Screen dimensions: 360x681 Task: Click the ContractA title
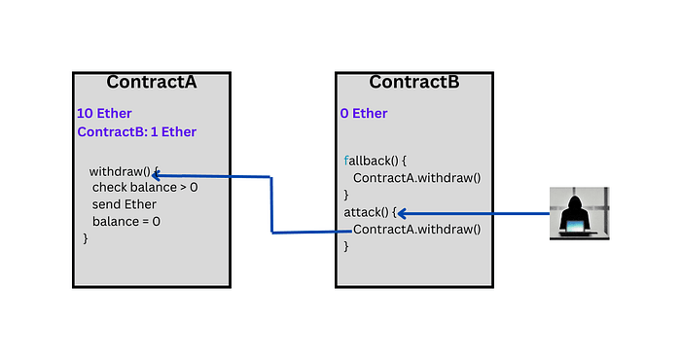(x=151, y=82)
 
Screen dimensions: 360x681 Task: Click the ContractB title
(x=413, y=82)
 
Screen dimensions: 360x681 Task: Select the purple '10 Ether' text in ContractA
(x=104, y=114)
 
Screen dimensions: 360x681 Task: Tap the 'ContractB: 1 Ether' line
(x=136, y=132)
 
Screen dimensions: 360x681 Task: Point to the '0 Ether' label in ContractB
(x=364, y=114)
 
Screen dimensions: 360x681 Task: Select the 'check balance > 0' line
(x=144, y=187)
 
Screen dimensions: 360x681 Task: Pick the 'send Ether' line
(x=124, y=204)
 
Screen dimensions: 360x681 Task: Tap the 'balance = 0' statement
(x=126, y=221)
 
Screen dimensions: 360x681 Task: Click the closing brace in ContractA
(x=86, y=237)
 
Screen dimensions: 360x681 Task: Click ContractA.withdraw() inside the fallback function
(x=416, y=178)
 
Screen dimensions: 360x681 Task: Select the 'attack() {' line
(x=370, y=213)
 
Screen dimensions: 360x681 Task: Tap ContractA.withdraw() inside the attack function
(x=416, y=230)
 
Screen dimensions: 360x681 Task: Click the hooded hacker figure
(x=579, y=206)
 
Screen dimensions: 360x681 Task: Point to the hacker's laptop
(x=579, y=228)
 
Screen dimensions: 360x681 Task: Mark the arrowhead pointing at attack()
(x=403, y=213)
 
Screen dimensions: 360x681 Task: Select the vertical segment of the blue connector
(x=270, y=204)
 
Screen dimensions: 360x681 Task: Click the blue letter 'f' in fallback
(x=346, y=161)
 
